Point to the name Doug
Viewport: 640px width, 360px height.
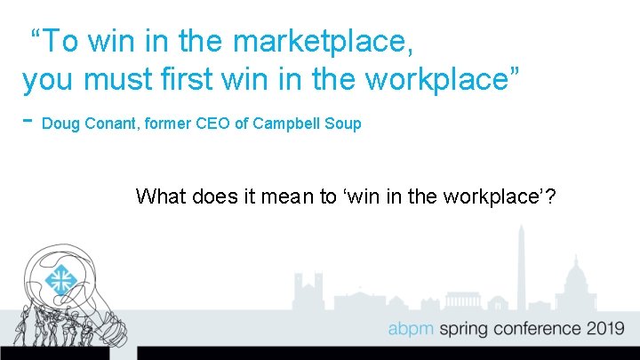click(60, 124)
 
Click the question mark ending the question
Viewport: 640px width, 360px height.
click(551, 196)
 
